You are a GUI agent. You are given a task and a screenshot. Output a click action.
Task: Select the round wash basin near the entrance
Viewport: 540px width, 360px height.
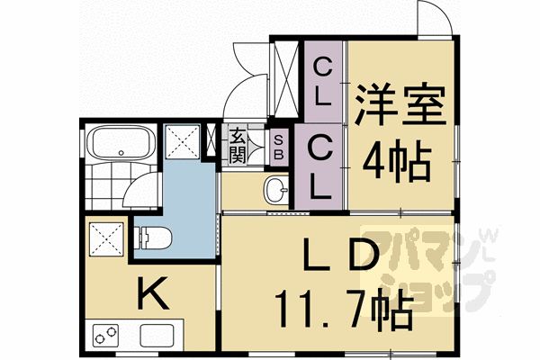(x=276, y=190)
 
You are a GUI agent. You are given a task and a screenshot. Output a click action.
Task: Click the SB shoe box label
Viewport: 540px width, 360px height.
(x=278, y=147)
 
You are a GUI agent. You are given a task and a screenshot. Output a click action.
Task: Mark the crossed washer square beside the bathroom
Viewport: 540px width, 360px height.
(x=184, y=142)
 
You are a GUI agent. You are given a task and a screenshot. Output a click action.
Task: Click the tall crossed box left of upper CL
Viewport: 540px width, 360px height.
(x=287, y=79)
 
